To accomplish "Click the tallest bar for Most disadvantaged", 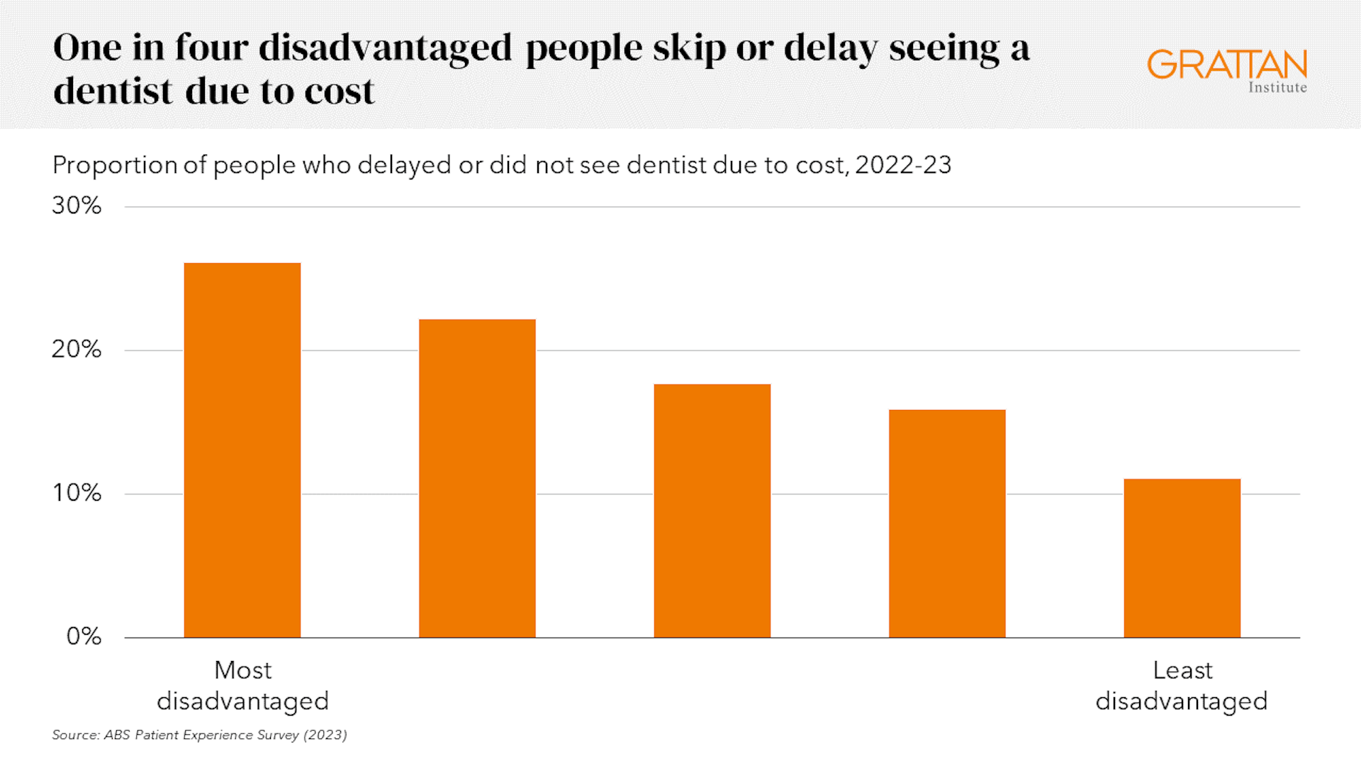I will tap(242, 450).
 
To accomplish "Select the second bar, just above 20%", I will tap(477, 479).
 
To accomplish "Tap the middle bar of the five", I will tap(712, 511).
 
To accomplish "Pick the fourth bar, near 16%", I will tap(947, 523).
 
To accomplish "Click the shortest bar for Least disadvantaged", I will tap(1182, 558).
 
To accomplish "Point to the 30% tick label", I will tap(77, 206).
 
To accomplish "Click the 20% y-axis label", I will tap(77, 350).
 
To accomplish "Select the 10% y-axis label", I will tap(77, 493).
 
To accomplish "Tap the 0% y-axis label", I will tap(84, 636).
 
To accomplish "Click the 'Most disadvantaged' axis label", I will tap(242, 685).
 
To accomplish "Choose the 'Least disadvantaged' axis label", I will tap(1182, 685).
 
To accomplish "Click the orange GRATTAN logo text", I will tap(1227, 65).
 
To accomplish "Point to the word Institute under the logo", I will tap(1277, 87).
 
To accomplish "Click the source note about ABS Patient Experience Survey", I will tap(199, 735).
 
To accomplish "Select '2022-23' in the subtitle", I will tap(903, 165).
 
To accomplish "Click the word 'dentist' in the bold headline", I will tap(113, 91).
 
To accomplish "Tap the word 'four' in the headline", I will tap(211, 48).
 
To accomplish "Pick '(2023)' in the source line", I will tap(325, 735).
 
